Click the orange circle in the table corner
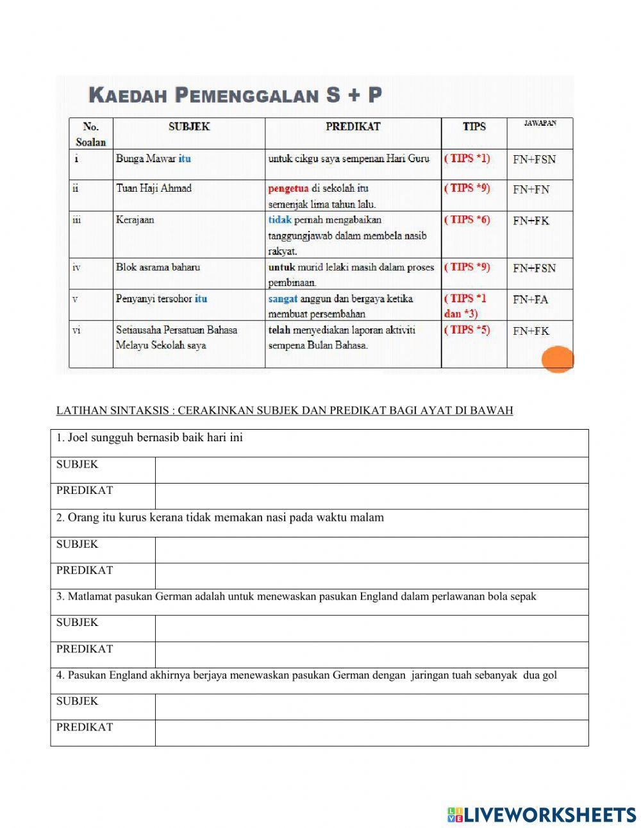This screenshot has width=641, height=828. pos(557,359)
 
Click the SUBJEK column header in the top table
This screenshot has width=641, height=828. pos(189,127)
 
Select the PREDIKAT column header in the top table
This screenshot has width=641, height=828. pos(353,127)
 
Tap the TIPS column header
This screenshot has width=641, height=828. pos(474,127)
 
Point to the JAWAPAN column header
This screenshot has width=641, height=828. pos(540,124)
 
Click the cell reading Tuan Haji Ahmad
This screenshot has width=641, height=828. pos(154,189)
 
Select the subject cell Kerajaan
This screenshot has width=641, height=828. pos(135,220)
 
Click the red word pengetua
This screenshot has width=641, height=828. pos(288,189)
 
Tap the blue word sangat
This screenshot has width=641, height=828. pos(283,299)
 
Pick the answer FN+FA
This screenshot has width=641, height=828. pos(530,300)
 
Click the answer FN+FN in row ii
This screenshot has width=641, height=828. pos(531,190)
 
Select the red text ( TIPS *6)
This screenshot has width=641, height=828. pos(467,220)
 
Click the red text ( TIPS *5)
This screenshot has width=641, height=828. pos(467,330)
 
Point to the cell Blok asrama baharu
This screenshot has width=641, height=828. pos(158,267)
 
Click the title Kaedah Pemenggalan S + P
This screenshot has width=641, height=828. pos(235,96)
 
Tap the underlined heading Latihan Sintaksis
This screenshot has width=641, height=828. pos(285,410)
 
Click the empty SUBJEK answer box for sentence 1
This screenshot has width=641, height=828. pos(371,470)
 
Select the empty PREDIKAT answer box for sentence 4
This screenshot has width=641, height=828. pos(371,732)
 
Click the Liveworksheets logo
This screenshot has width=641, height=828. pos(541,815)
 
